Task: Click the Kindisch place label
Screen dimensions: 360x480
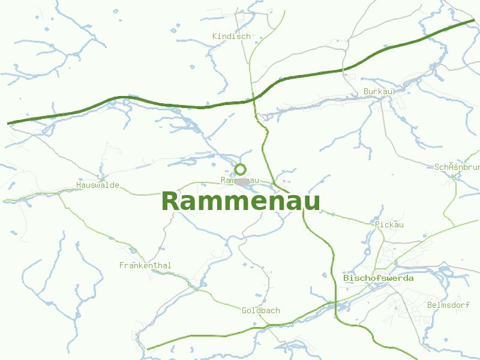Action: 231,37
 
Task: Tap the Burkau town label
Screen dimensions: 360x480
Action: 378,92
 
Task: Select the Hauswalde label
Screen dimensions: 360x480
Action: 98,185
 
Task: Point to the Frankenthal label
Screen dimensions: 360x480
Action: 145,265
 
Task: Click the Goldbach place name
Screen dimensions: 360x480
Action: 261,311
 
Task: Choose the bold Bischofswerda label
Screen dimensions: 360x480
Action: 378,278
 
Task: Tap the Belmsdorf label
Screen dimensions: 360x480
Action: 448,305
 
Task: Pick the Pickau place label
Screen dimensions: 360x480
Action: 389,225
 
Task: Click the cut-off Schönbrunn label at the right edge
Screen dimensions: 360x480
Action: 457,167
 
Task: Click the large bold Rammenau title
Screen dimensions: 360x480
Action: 241,202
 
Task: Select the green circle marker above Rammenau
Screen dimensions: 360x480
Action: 241,169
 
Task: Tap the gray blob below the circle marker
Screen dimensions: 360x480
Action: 242,182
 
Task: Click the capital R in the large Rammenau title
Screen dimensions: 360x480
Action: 170,202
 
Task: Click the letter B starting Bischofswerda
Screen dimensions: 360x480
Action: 346,278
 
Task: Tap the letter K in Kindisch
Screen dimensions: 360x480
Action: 215,37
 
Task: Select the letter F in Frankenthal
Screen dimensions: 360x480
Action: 122,265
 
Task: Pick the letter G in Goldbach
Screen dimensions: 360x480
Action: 245,311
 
